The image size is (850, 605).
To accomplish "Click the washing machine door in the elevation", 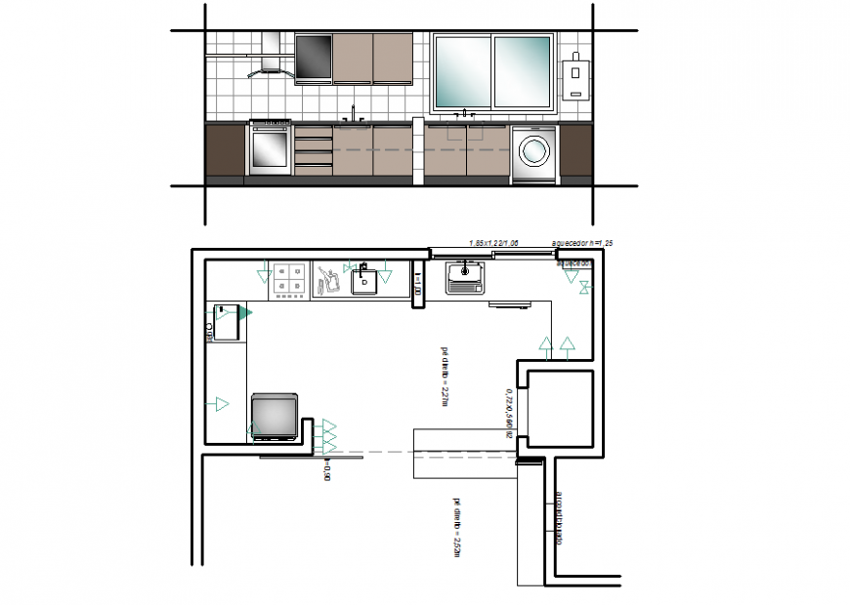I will tap(533, 150).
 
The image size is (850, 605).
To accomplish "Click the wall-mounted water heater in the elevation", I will tap(577, 75).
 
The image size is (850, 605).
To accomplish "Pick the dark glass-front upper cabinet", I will tap(314, 59).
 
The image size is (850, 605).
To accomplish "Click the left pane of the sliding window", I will tap(462, 71).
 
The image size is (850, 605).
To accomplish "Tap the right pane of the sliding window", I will tap(523, 71).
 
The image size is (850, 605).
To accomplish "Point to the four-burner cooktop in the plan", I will tap(290, 279).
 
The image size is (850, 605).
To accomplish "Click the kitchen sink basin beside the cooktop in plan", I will tap(365, 281).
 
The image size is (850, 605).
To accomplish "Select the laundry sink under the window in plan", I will tap(465, 279).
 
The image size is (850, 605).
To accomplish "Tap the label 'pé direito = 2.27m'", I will tap(445, 375).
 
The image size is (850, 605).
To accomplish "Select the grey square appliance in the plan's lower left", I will tap(274, 415).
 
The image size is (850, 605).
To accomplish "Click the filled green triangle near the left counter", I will tap(245, 312).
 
